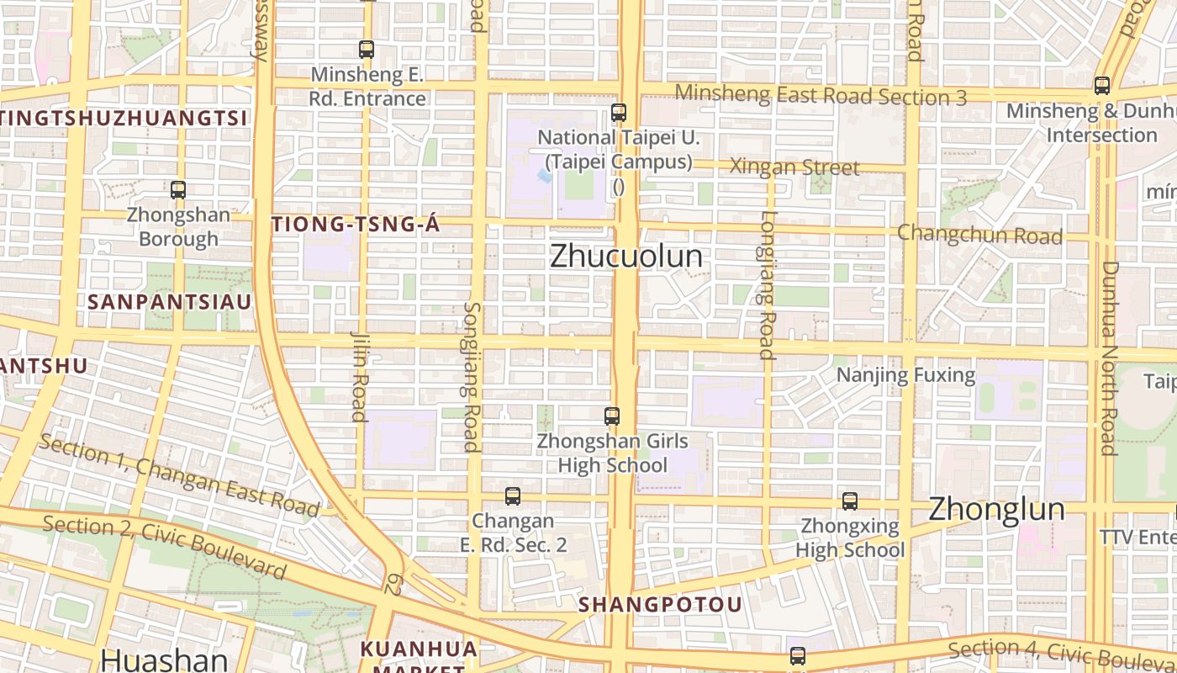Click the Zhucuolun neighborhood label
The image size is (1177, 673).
click(x=626, y=256)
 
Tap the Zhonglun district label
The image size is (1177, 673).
click(x=996, y=509)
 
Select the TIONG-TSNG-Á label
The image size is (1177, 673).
click(x=345, y=224)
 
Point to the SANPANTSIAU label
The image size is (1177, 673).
click(x=170, y=301)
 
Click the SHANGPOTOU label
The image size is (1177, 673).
click(x=660, y=604)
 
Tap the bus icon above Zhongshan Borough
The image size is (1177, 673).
click(x=178, y=190)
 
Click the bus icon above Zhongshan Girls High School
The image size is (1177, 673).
click(x=612, y=416)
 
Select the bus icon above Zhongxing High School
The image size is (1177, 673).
click(x=850, y=501)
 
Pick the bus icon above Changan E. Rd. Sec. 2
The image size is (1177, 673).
click(x=513, y=496)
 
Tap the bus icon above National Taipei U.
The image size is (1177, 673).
click(x=619, y=112)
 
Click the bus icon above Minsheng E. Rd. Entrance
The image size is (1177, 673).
click(x=367, y=49)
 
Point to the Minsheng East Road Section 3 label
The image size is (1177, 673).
click(x=821, y=95)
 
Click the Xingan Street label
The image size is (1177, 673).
click(x=794, y=167)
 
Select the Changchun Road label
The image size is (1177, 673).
click(x=980, y=234)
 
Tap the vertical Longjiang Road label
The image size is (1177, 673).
click(x=767, y=284)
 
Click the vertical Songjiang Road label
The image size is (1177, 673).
click(x=472, y=376)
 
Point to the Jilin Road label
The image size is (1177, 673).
click(x=359, y=374)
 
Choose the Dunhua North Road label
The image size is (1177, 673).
click(x=1109, y=358)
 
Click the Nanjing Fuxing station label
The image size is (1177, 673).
click(x=905, y=374)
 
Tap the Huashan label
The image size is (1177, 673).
click(x=164, y=660)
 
